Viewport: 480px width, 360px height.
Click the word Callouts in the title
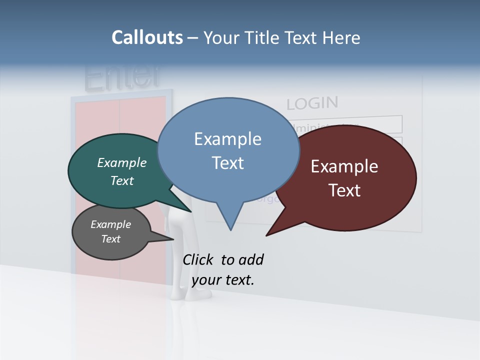click(x=147, y=37)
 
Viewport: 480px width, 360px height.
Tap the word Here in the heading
click(x=341, y=37)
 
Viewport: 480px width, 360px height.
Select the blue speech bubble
click(x=228, y=150)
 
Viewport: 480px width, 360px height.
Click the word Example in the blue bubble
click(x=227, y=139)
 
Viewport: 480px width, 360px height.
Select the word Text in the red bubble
click(x=344, y=190)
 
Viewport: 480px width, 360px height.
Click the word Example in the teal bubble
click(x=121, y=162)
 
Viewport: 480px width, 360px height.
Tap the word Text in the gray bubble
click(x=111, y=239)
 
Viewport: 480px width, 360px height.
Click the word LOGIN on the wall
click(x=312, y=103)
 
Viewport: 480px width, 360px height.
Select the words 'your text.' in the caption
click(x=223, y=280)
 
